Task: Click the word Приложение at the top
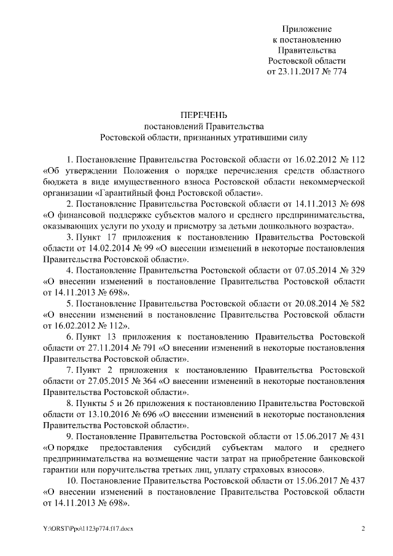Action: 306,29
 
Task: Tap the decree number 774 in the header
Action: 338,71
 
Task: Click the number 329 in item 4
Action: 357,271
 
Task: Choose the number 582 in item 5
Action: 357,303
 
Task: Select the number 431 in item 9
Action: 357,436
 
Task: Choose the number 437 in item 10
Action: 357,480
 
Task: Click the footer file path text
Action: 83,528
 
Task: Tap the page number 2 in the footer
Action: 364,528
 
